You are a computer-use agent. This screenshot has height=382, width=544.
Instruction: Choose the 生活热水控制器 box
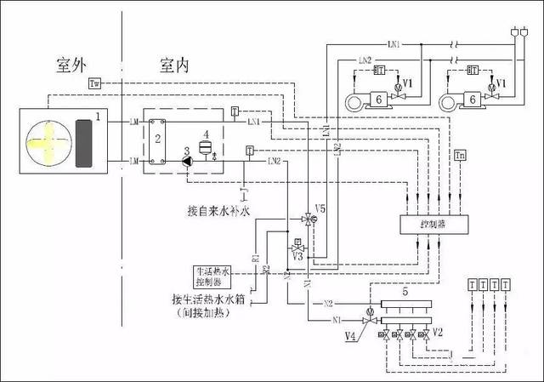click(210, 276)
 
